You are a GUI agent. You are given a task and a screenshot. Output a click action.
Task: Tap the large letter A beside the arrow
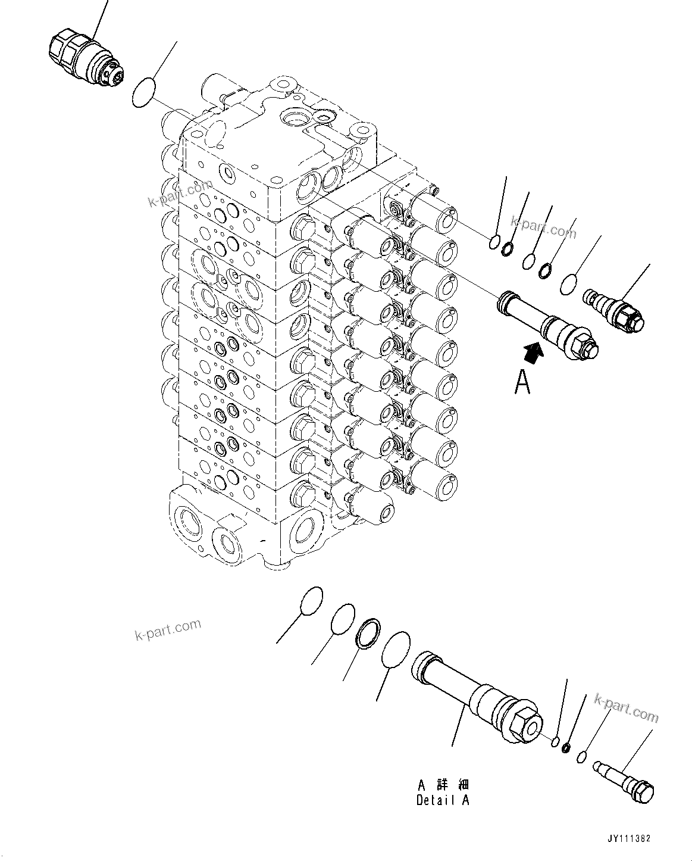click(522, 382)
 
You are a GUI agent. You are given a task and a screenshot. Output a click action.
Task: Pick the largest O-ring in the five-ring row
click(569, 284)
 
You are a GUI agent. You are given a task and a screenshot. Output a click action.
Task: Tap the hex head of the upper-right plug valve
click(633, 322)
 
